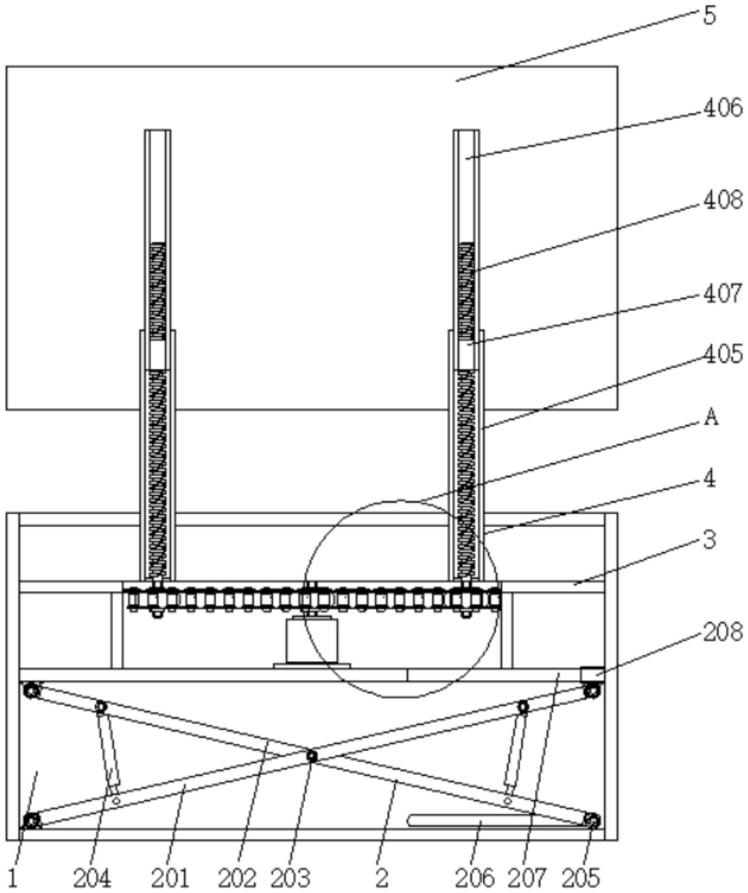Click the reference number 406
[723, 108]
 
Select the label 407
[723, 294]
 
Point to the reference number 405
[723, 354]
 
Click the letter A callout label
[711, 418]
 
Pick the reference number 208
[723, 632]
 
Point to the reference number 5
[709, 16]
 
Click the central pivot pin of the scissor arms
[312, 756]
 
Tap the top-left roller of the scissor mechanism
[32, 691]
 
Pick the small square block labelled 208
[592, 674]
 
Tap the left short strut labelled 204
[109, 747]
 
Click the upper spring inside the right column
[466, 291]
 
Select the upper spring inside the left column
[157, 291]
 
